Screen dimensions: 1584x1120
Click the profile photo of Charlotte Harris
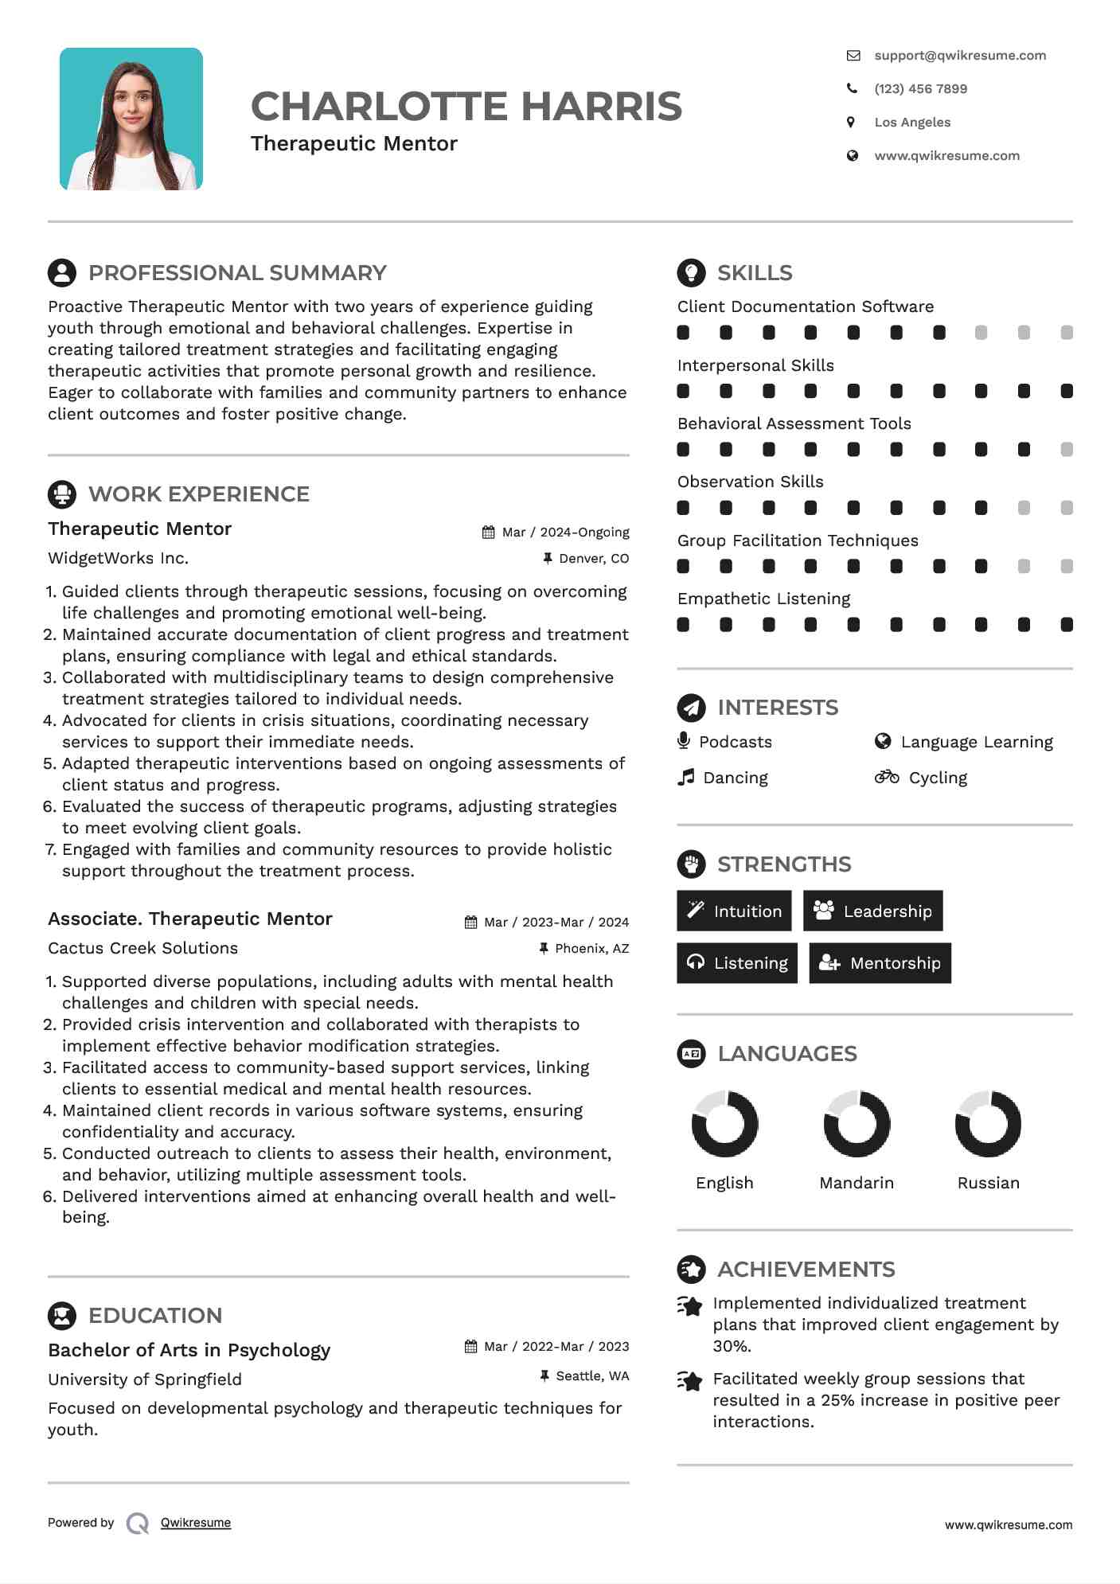[x=131, y=119]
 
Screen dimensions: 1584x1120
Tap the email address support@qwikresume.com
[x=959, y=55]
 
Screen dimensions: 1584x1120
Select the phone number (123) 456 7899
[x=920, y=88]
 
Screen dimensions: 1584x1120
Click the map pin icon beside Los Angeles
[x=851, y=122]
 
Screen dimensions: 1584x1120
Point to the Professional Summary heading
[x=236, y=272]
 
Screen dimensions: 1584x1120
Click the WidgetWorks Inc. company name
[x=118, y=558]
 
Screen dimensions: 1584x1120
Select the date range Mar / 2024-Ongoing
[x=565, y=532]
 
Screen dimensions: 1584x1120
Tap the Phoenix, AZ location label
[x=591, y=948]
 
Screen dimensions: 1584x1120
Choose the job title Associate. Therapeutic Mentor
[x=189, y=919]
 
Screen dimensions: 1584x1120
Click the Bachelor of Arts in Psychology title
[x=189, y=1350]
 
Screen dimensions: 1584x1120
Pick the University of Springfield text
[x=144, y=1379]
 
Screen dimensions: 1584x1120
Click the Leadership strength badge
[x=872, y=911]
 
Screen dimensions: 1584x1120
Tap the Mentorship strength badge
[x=880, y=963]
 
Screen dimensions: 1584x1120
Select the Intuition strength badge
[x=734, y=911]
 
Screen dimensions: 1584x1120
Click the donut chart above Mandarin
[x=857, y=1124]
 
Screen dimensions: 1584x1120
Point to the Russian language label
[x=988, y=1183]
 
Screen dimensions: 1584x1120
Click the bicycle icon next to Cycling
[x=886, y=777]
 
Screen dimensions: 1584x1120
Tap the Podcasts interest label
[x=735, y=742]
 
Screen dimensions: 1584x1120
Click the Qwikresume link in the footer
[x=195, y=1523]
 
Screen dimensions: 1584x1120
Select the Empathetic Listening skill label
[x=763, y=599]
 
